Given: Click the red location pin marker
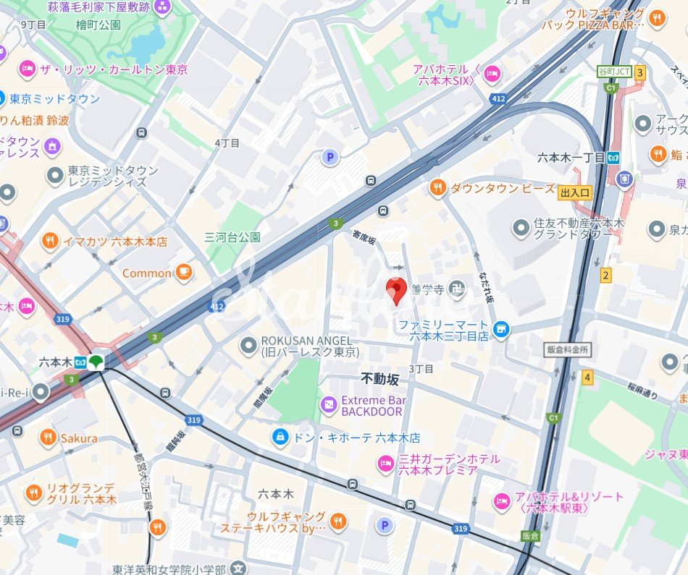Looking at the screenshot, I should [x=395, y=290].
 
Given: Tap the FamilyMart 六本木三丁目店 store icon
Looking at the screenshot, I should [x=500, y=330].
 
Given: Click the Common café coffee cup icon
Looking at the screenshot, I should [x=183, y=273].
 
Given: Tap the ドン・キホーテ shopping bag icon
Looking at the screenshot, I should [x=279, y=438].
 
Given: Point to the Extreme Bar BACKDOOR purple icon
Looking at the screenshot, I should [x=329, y=406].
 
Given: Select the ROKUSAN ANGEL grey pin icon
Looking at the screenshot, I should [x=249, y=346].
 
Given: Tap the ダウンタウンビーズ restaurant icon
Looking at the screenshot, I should [x=437, y=188].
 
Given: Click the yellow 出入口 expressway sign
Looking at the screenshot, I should [x=575, y=192].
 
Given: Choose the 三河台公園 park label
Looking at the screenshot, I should [x=232, y=237].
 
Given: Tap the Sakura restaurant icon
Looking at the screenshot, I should [x=48, y=438].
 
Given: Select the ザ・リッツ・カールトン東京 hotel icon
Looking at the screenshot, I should [x=28, y=69].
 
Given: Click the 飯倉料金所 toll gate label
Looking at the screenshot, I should [x=568, y=349].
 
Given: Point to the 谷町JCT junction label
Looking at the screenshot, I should [x=614, y=72].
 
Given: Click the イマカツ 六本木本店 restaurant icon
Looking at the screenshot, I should [x=50, y=242].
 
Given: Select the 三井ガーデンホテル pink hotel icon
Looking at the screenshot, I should [x=385, y=464].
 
